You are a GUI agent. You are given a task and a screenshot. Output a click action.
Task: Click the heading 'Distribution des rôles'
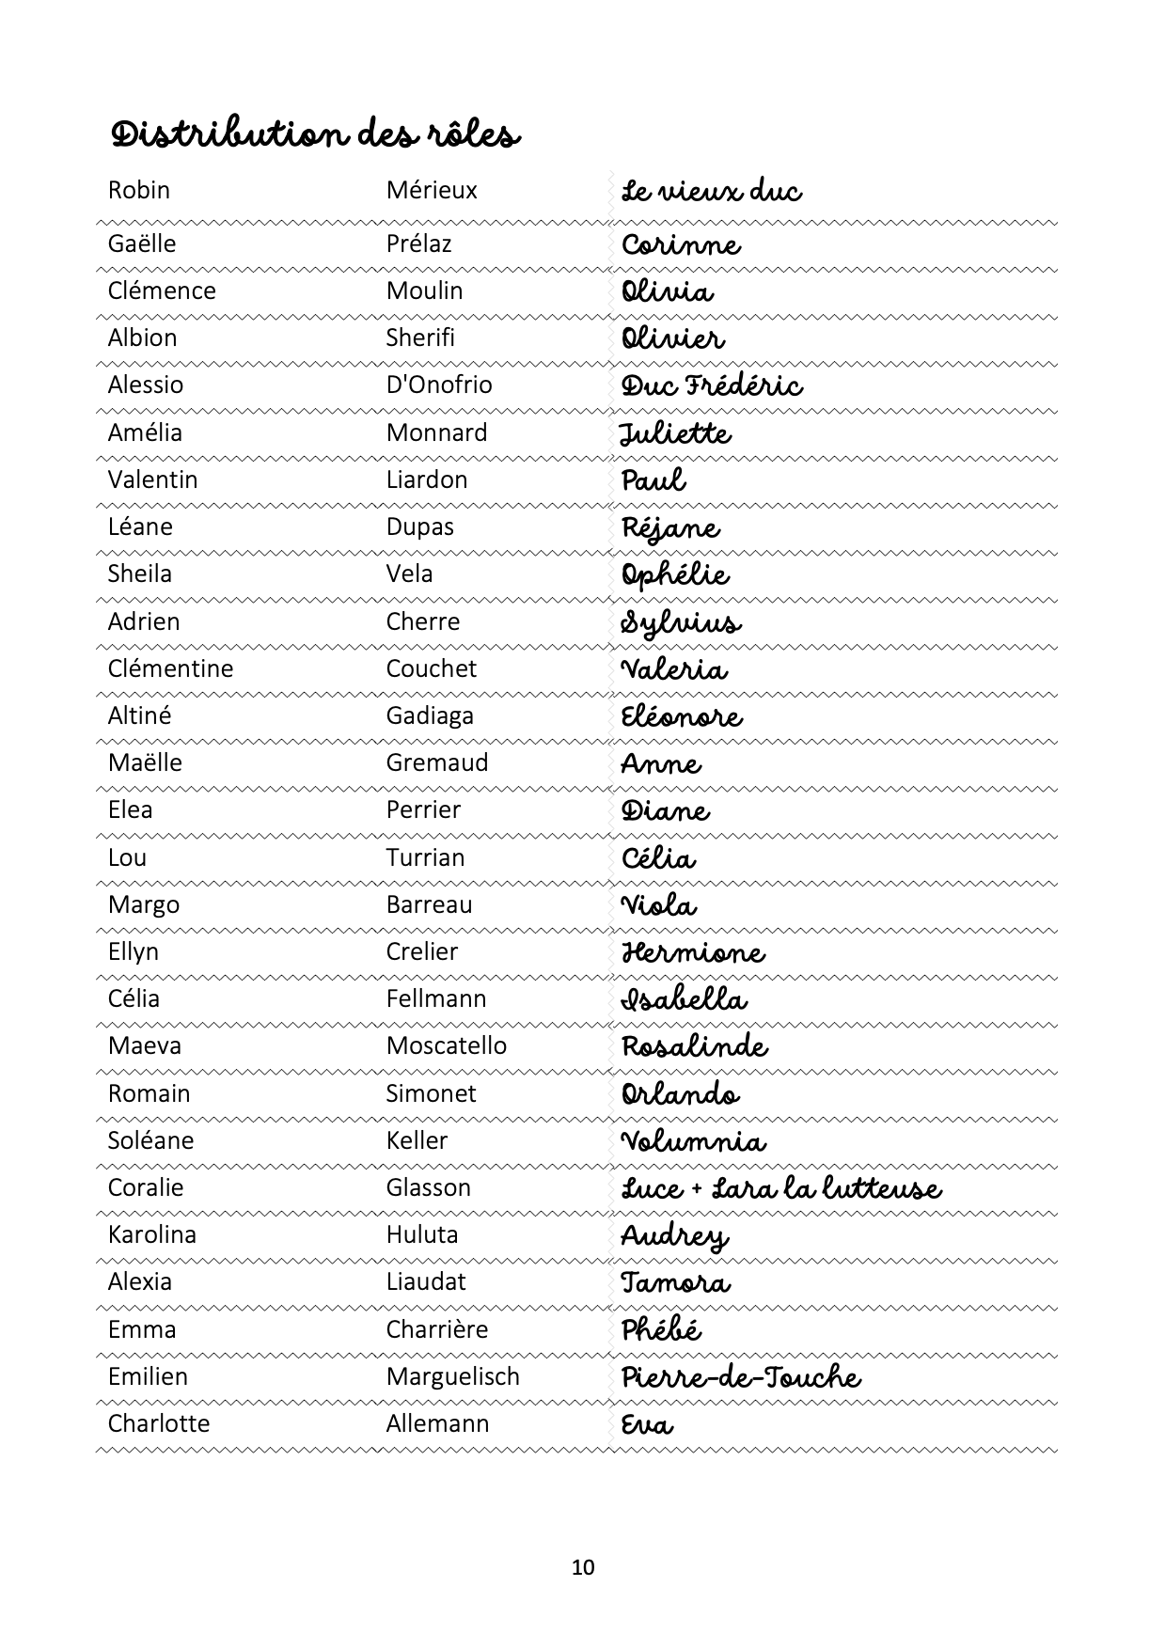click(315, 135)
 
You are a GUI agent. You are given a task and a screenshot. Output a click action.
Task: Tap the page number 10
click(583, 1567)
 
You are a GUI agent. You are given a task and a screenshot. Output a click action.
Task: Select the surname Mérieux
click(432, 191)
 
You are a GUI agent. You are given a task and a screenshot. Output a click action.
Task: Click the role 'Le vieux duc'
click(711, 192)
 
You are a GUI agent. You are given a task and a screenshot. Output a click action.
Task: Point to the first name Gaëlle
click(142, 244)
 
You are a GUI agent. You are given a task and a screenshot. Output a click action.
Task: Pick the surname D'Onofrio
click(439, 385)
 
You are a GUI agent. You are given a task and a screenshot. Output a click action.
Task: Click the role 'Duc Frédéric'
click(712, 386)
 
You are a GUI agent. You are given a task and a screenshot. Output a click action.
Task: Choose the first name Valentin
click(153, 480)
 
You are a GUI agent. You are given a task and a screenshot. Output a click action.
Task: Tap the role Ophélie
click(675, 575)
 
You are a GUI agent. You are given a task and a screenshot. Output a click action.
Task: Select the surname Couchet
click(432, 669)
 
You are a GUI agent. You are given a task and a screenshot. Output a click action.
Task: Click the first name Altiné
click(140, 716)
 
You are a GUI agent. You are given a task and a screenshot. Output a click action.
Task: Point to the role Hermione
click(693, 952)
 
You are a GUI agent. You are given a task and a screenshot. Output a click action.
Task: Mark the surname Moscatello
click(447, 1046)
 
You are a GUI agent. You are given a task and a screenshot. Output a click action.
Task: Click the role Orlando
click(680, 1094)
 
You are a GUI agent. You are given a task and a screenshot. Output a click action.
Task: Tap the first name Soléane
click(151, 1141)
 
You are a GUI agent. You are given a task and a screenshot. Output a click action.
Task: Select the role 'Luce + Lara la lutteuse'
click(780, 1189)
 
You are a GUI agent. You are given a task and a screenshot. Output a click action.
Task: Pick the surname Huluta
click(422, 1235)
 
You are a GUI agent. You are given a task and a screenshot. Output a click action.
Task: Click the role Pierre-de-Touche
click(741, 1377)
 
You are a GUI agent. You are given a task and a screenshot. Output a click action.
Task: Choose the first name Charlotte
click(159, 1424)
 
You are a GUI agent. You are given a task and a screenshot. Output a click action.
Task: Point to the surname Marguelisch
click(453, 1377)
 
